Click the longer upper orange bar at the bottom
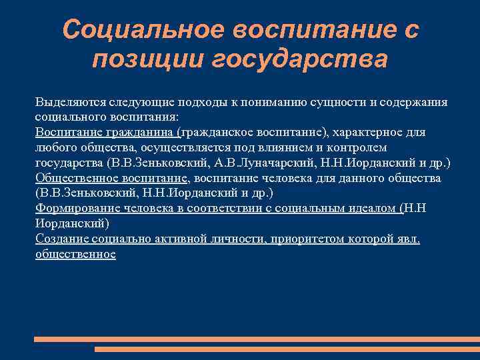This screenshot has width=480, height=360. click(257, 339)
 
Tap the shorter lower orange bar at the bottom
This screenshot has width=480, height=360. click(287, 349)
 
